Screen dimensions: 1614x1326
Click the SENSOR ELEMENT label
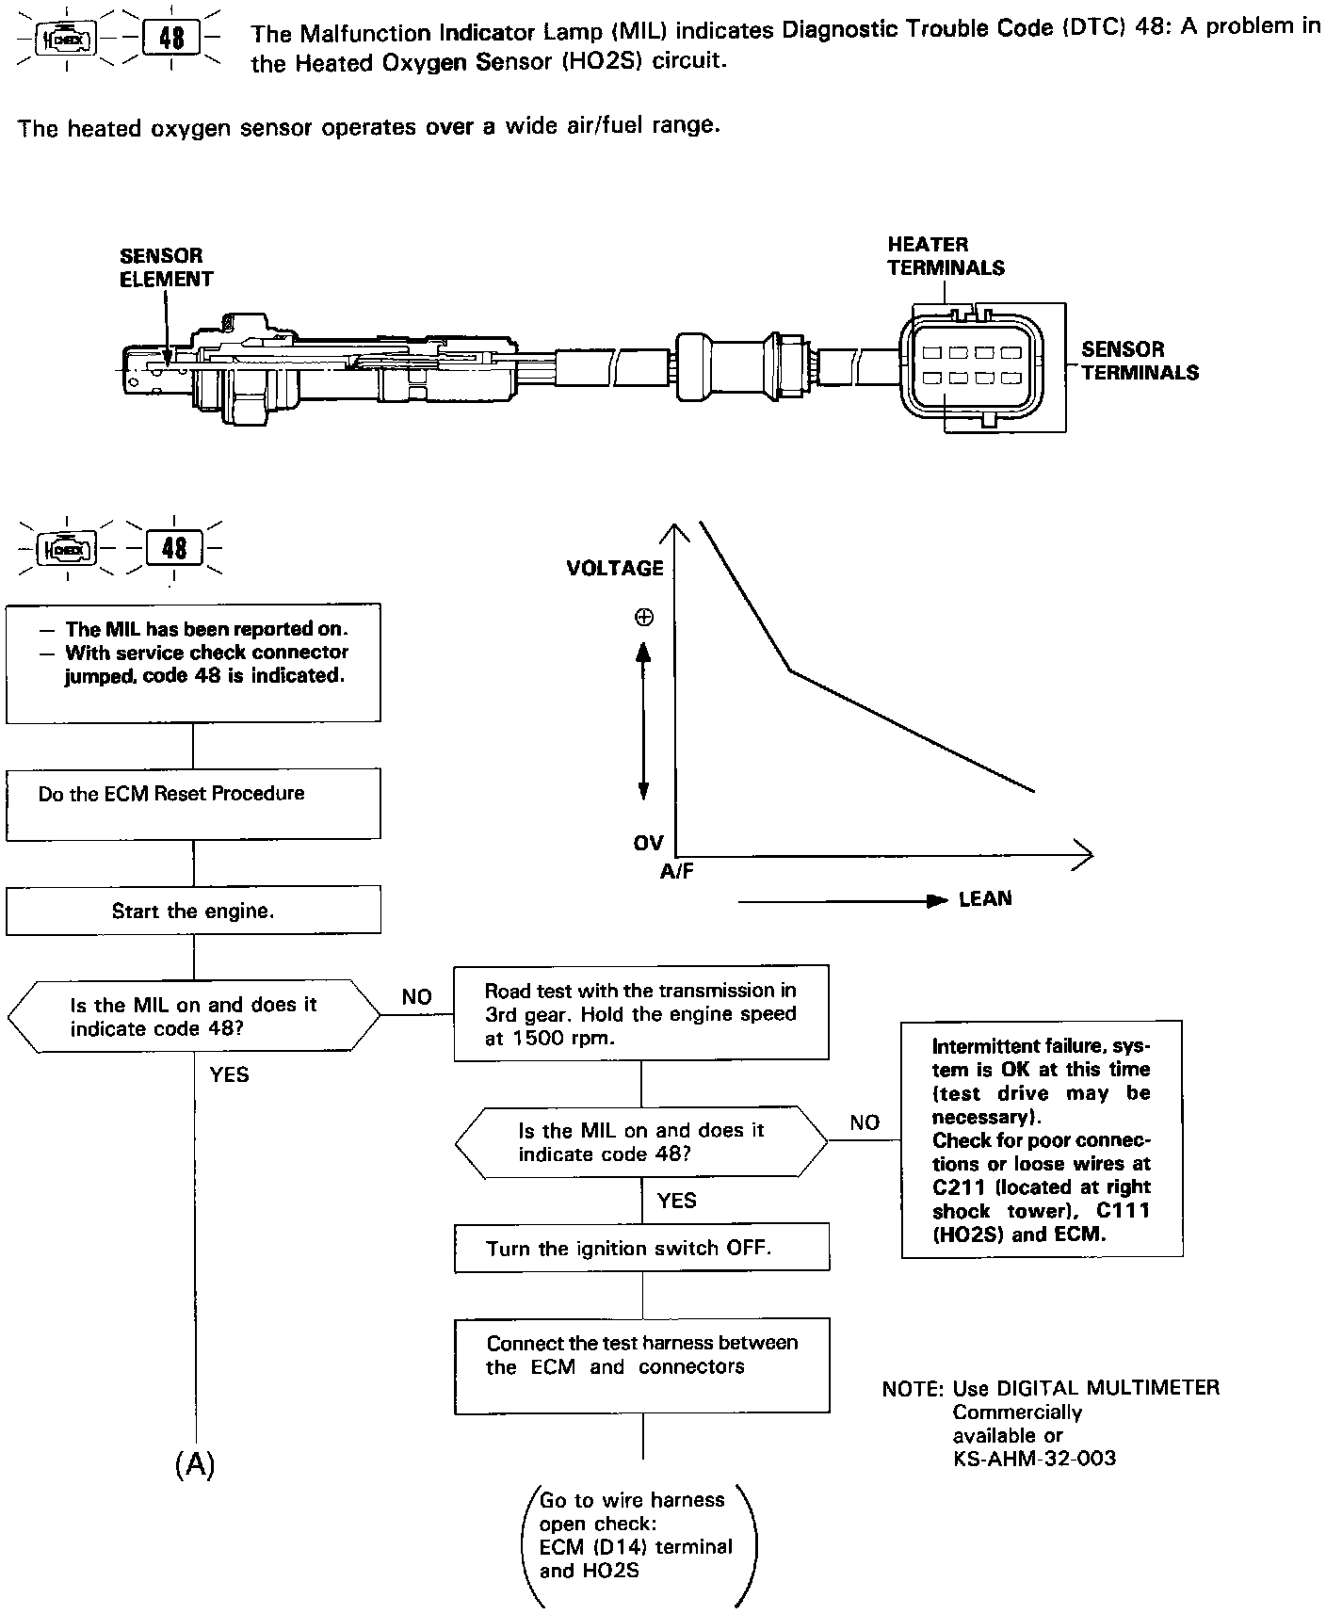(166, 267)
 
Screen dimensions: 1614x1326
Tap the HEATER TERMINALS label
(945, 256)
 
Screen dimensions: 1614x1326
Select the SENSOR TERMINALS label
(1140, 361)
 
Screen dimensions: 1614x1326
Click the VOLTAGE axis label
(615, 568)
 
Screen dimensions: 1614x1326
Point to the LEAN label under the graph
(985, 899)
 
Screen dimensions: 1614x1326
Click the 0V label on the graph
(648, 843)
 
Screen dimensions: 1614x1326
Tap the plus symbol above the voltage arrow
(644, 618)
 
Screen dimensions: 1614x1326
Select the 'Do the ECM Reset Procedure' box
(193, 802)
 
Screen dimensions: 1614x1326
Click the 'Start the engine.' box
(193, 911)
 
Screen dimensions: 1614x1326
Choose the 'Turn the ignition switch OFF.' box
(641, 1249)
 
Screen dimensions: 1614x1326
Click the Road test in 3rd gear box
(641, 1013)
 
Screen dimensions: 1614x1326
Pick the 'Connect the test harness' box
(641, 1365)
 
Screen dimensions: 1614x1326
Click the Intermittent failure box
(1042, 1139)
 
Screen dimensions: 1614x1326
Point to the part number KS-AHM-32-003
(1034, 1459)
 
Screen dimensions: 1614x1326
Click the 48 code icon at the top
(172, 40)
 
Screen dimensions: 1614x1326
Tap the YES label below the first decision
(229, 1074)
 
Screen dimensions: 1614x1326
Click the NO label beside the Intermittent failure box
(865, 1122)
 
